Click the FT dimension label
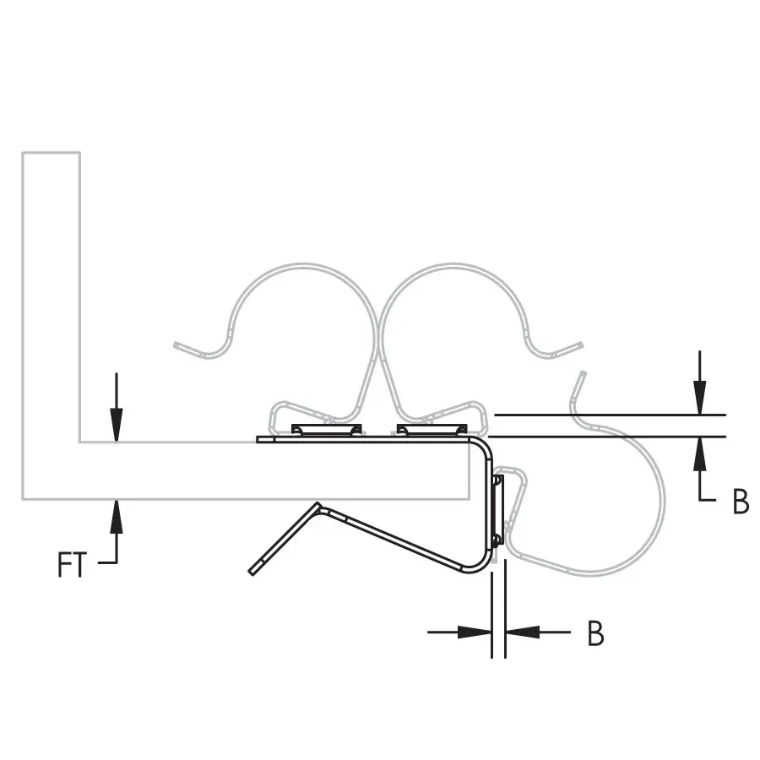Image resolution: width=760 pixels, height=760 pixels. coord(72,564)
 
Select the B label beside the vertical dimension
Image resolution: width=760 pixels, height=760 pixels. coord(741,501)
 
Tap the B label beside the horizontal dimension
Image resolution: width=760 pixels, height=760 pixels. coord(595,632)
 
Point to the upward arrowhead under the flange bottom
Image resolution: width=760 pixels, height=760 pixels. coord(117,516)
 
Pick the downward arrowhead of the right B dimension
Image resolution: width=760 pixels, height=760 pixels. coord(699,398)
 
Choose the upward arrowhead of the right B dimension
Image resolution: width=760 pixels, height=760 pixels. coord(699,453)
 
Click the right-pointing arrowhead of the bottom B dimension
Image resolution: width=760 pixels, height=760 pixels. coord(475,632)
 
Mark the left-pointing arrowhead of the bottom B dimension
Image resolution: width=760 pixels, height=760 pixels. coord(523,632)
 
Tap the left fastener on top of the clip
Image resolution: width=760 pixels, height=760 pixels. coord(326,430)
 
